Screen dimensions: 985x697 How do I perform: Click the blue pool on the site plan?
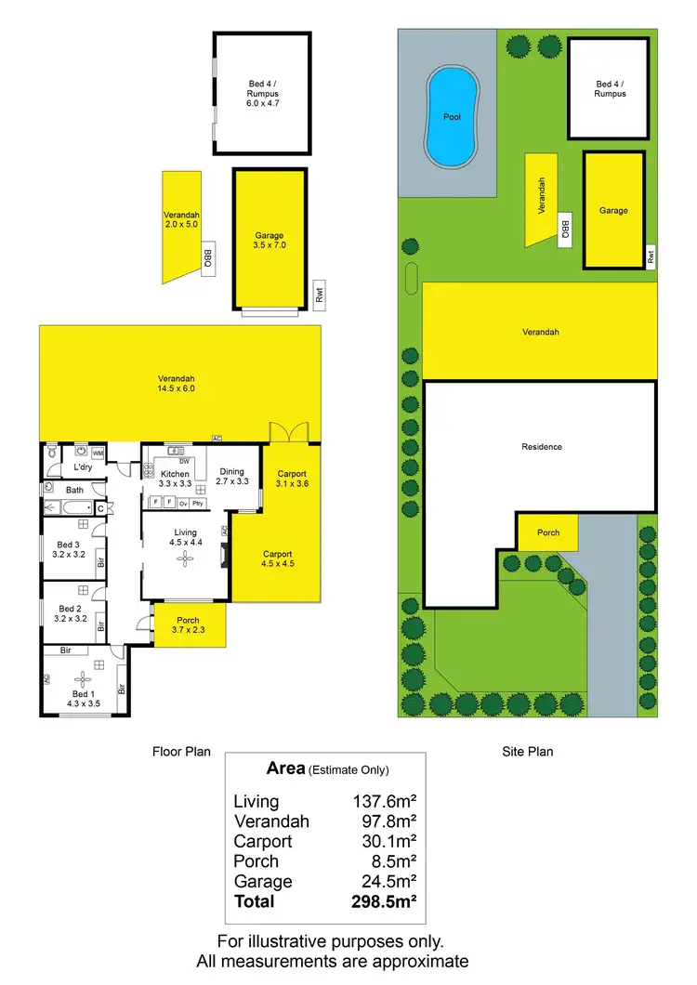point(452,116)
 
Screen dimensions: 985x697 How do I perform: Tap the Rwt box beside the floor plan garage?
point(319,295)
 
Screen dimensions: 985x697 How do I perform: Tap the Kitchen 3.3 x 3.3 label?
point(176,479)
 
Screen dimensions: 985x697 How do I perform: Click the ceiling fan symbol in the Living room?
point(184,558)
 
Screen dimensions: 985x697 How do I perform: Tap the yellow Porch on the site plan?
point(548,533)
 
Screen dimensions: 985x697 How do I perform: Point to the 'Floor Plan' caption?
point(181,751)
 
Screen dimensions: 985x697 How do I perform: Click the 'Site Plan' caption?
point(527,751)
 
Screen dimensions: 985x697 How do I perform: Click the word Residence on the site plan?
point(541,447)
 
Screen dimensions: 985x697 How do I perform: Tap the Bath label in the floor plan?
point(74,489)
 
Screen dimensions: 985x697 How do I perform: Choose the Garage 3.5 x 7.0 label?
point(269,241)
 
